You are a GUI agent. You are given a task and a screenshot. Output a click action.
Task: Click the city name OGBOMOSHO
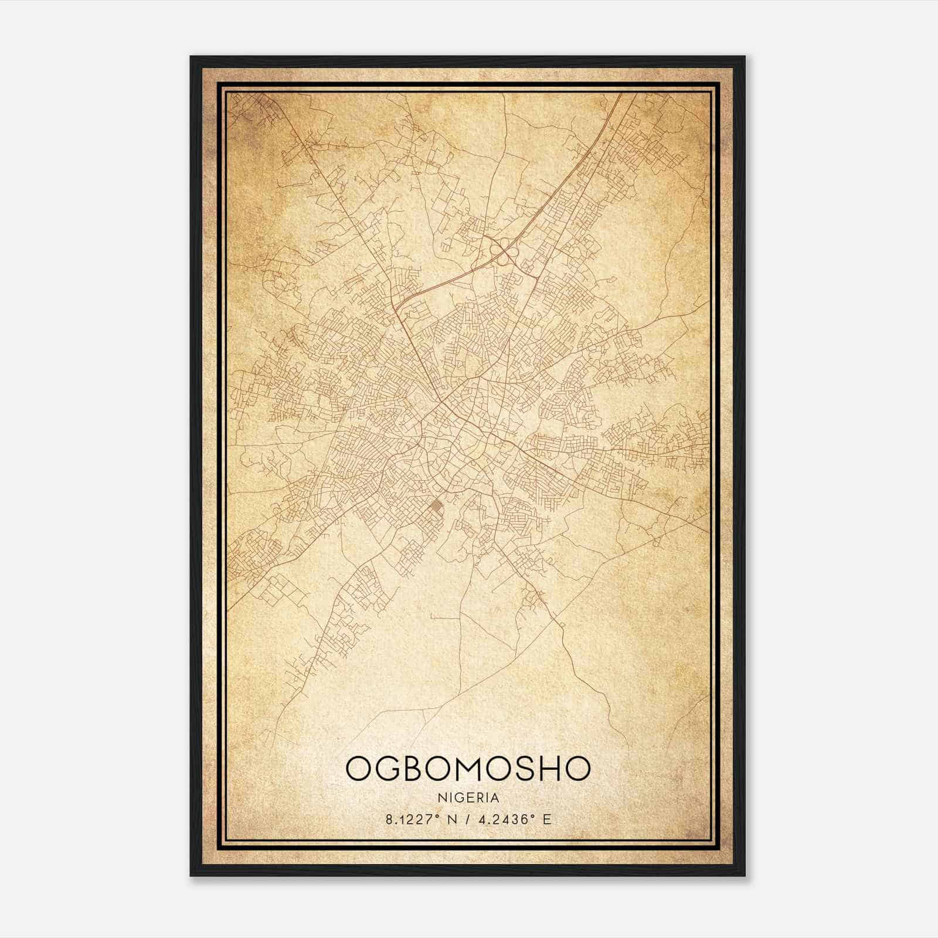(x=468, y=769)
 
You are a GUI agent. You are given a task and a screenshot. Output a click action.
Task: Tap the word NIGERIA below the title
(x=468, y=798)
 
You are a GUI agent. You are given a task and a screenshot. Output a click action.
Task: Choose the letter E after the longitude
(x=547, y=820)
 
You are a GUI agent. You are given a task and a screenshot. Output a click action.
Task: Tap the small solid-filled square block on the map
(x=436, y=505)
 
